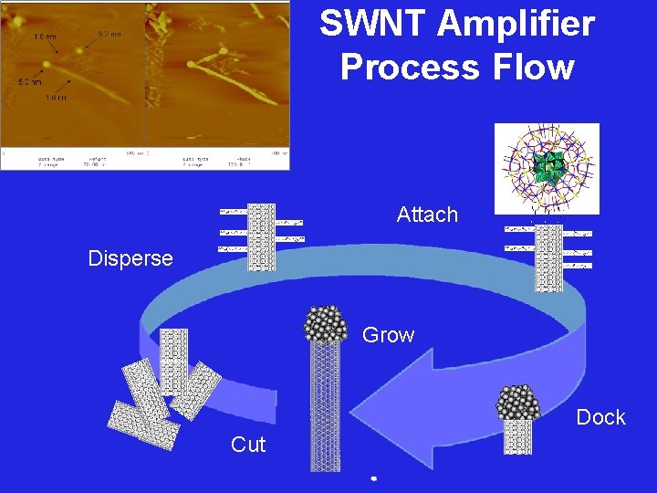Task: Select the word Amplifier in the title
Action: [x=516, y=25]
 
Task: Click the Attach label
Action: [x=427, y=215]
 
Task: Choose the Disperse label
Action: [x=130, y=258]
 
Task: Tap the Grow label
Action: [x=388, y=335]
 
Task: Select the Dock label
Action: [x=600, y=417]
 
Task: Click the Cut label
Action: [x=248, y=445]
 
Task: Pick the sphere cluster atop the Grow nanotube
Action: [x=326, y=324]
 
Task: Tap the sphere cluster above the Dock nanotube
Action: [x=517, y=403]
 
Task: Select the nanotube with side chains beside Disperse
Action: [x=261, y=236]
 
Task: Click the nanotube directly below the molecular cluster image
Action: [x=548, y=258]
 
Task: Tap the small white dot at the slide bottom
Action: [x=373, y=477]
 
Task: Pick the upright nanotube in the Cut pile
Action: [x=172, y=361]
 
